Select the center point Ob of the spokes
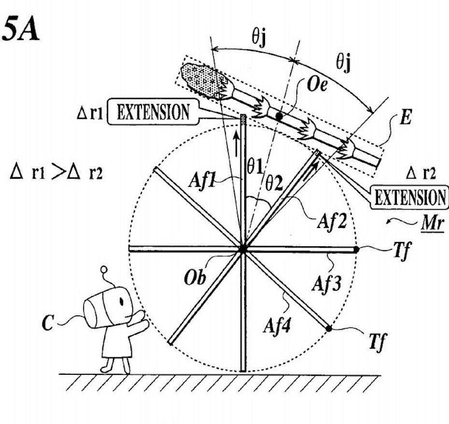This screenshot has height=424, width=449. pos(243,249)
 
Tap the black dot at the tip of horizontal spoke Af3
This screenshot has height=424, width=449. pos(355,249)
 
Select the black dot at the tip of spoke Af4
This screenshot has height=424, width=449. pos(329,329)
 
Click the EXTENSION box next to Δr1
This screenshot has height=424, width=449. pos(154,112)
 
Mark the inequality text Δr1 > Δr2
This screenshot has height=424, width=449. pos(56,172)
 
